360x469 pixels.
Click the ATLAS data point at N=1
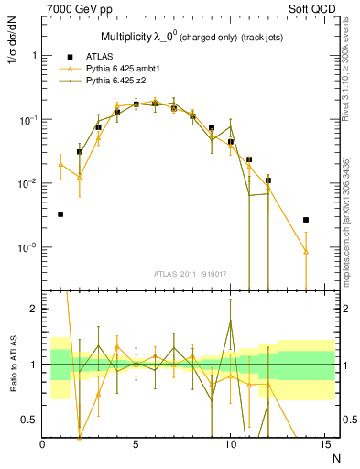(60, 214)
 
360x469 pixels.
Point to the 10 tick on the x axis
(230, 443)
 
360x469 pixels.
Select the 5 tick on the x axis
(136, 443)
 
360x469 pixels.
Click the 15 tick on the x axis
(323, 443)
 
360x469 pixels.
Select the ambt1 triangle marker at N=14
(306, 252)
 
